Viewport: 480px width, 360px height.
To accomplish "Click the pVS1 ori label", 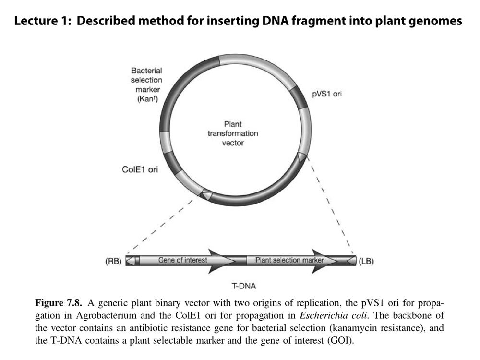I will pos(327,94).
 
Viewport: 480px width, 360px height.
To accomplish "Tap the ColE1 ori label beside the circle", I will pos(140,169).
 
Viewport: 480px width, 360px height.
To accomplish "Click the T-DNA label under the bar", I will pos(244,287).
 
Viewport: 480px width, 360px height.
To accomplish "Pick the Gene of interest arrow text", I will pos(183,260).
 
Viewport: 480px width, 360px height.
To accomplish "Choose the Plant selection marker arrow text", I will pos(289,260).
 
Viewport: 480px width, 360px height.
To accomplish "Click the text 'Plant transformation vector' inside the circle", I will pos(233,133).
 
